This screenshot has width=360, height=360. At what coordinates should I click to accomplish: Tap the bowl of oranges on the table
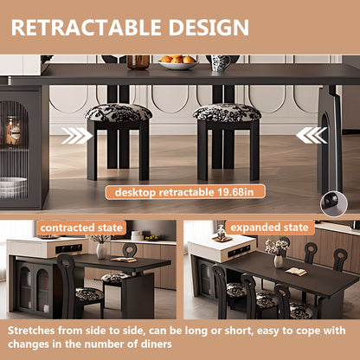point(178,62)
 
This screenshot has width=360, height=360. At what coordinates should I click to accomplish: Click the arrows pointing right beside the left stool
point(77,136)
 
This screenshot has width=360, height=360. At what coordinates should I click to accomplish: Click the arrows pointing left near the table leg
point(311,135)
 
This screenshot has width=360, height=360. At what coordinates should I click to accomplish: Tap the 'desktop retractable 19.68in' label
point(179,192)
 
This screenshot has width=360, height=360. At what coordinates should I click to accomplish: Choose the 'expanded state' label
point(270,227)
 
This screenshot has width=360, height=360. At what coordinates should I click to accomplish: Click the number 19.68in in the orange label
point(236,192)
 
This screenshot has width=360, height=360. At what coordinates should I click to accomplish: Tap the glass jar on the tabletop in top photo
point(138,61)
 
